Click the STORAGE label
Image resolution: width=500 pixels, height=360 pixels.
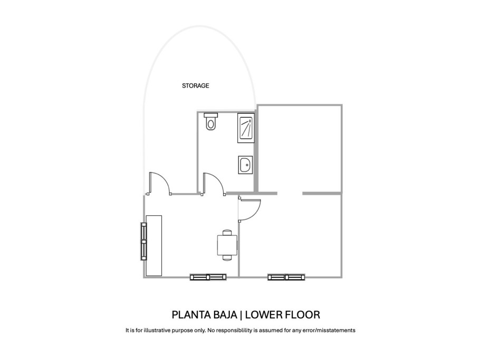tap(196, 86)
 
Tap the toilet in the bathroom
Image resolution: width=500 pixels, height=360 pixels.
tap(211, 122)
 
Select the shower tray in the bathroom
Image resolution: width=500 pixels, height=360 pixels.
tap(245, 128)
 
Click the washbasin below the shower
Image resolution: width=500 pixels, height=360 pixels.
tap(245, 165)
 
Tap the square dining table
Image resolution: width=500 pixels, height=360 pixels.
tap(227, 245)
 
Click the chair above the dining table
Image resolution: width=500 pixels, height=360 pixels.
tap(227, 232)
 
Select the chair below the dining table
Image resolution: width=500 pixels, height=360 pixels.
tap(227, 258)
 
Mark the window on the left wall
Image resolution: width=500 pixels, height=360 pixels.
tap(143, 241)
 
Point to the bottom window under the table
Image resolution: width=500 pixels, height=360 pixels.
tap(209, 276)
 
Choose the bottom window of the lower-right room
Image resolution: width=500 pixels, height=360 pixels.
tap(286, 276)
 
